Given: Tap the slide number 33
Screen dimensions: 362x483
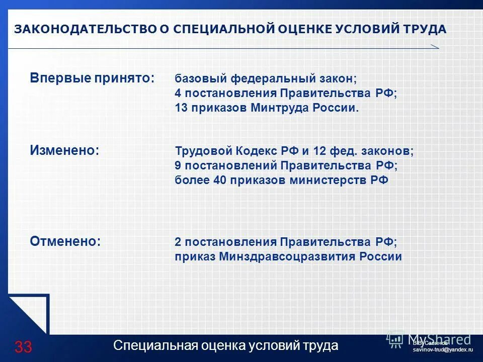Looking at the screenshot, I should coord(23,346).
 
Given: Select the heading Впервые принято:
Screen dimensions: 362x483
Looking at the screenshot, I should coord(93,78).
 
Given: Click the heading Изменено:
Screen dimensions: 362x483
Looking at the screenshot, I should coord(64,150).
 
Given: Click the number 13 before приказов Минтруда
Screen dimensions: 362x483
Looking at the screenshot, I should coord(181,108).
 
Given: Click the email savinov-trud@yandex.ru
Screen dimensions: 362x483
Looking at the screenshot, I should coord(443,349).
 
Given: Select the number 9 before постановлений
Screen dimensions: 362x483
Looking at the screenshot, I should coord(178,165).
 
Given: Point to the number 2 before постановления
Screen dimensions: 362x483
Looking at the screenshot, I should coord(178,242).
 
